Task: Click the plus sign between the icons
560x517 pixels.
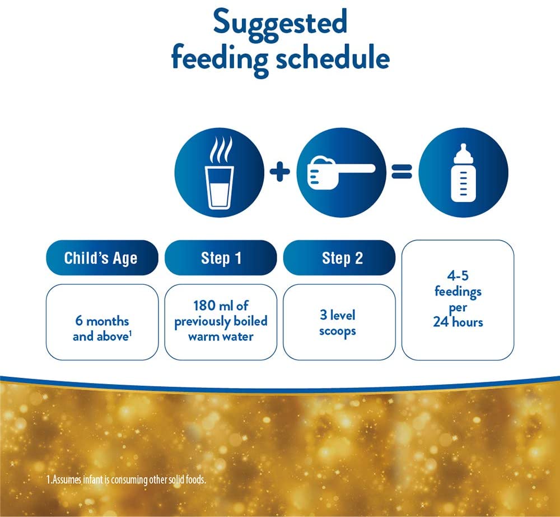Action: pos(280,172)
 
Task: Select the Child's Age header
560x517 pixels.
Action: pos(101,258)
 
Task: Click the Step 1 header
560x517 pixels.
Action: pos(221,258)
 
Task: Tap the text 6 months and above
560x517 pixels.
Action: pos(101,329)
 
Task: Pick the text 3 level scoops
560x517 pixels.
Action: pos(338,322)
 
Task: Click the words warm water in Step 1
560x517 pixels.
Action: pos(221,336)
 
